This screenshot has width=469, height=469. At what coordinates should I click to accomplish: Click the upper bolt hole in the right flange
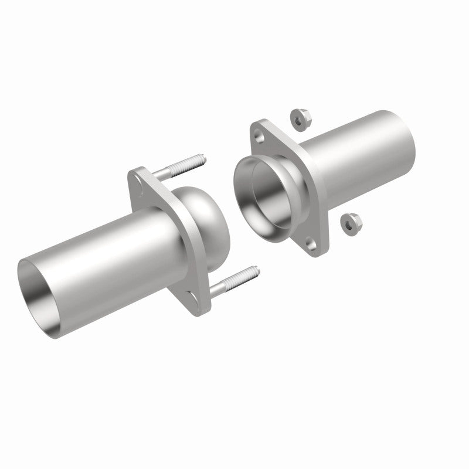coord(259,135)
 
